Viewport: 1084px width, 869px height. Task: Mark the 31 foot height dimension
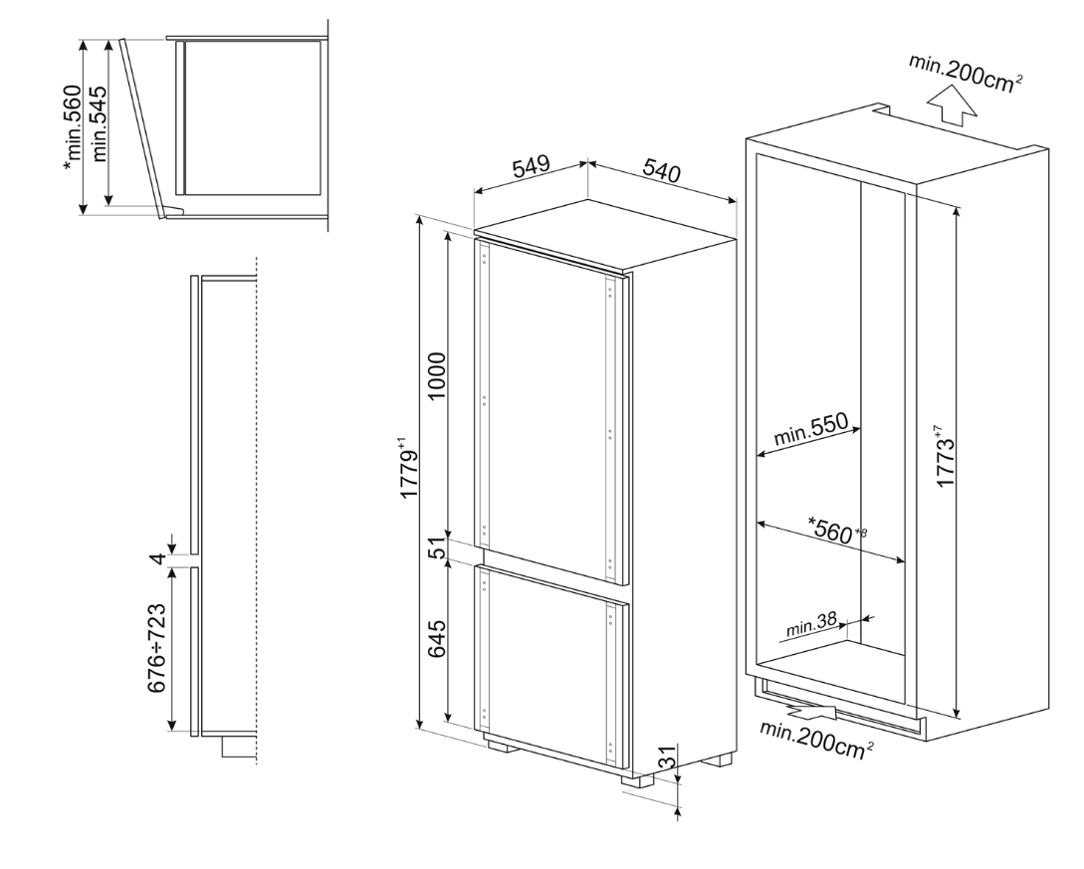pos(668,759)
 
